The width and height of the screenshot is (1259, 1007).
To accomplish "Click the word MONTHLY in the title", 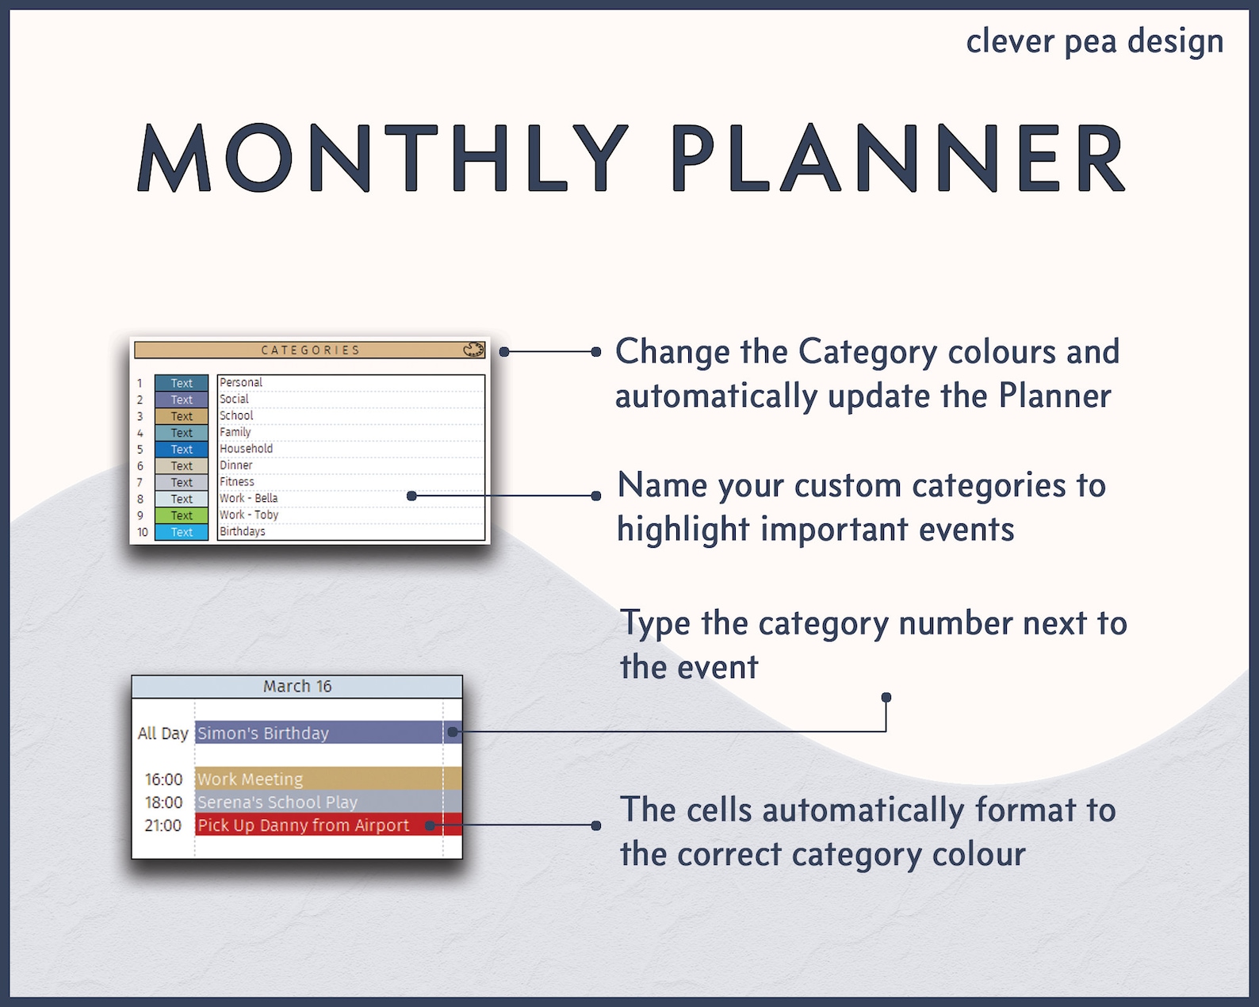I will [384, 159].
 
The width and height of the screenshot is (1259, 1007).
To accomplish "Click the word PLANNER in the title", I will [898, 159].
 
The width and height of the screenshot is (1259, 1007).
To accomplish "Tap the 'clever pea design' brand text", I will [1094, 41].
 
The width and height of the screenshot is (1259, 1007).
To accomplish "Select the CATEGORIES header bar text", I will [311, 350].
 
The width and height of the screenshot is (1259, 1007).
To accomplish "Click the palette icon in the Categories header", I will [473, 350].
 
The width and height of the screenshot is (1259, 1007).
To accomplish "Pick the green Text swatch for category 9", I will [182, 515].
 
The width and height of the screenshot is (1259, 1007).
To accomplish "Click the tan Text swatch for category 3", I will [182, 416].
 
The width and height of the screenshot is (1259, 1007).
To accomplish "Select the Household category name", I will [246, 449].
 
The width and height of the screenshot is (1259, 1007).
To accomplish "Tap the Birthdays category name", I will [242, 531].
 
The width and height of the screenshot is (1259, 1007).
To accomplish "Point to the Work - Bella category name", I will [248, 498].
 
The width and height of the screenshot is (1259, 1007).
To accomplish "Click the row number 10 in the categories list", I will [142, 532].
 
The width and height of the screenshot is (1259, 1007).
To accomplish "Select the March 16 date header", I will [297, 686].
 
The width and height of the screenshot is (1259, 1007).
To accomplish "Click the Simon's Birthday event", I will [263, 733].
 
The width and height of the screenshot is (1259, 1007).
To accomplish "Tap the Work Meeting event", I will [250, 779].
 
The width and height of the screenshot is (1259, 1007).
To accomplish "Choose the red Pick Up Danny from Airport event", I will [303, 825].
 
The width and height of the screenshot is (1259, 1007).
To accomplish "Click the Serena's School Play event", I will [277, 802].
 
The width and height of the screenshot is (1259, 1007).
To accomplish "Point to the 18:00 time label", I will [163, 802].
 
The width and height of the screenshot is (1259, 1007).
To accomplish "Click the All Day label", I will [163, 733].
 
